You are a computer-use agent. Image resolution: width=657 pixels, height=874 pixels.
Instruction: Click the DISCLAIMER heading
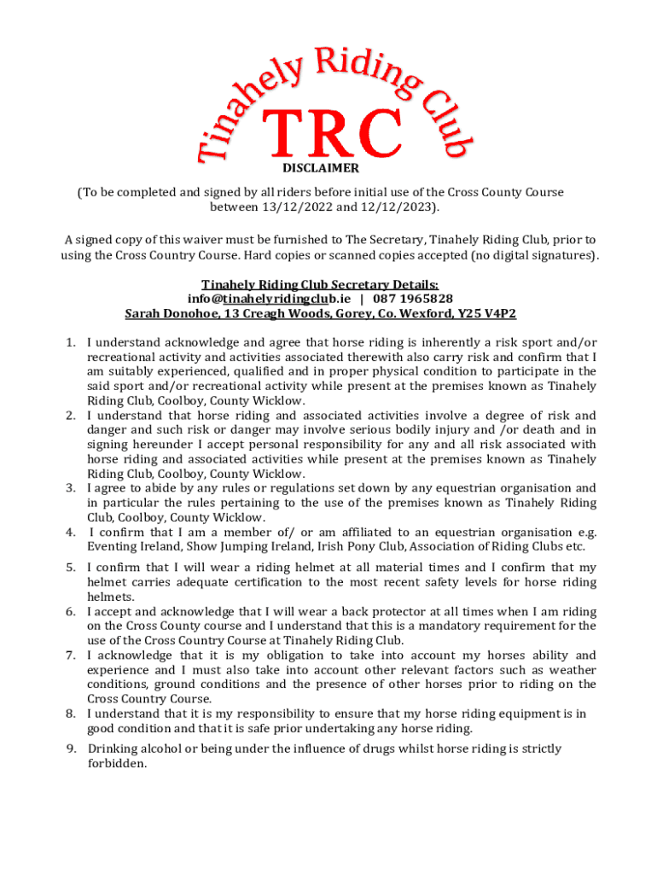[x=320, y=169]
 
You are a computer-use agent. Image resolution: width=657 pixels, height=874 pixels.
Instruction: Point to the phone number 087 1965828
[x=413, y=299]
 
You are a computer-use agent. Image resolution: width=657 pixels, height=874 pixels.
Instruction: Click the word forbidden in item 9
[x=117, y=764]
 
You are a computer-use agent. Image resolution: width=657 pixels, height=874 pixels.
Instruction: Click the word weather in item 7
[x=569, y=670]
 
